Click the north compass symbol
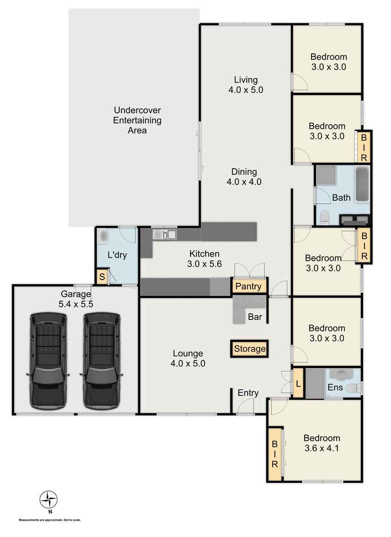pos(49,500)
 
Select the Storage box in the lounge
pos(250,349)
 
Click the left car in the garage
pos(48,359)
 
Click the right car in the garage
pos(102,359)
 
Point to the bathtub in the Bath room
pos(363,184)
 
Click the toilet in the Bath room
pos(324,216)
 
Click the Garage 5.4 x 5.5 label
pos(77,299)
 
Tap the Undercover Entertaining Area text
pos(137,120)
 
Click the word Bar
pos(255,318)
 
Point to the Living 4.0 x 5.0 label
pos(246,85)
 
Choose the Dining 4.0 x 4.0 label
pos(244,177)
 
